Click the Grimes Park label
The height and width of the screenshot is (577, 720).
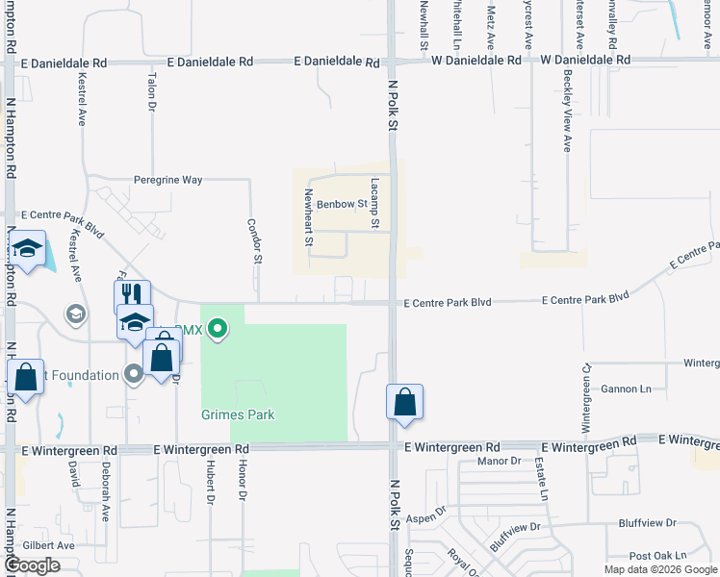click(238, 414)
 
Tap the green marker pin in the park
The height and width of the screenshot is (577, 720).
click(218, 329)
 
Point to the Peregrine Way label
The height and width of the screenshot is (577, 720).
click(167, 180)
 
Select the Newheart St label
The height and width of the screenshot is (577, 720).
click(309, 217)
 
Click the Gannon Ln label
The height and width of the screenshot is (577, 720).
click(626, 389)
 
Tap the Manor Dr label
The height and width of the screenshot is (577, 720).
click(499, 461)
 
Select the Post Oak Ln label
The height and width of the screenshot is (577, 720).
click(657, 555)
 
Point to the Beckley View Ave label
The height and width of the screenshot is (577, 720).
click(567, 123)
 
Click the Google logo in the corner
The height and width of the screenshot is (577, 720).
click(32, 565)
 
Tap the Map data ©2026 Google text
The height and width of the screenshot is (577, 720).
click(660, 569)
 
